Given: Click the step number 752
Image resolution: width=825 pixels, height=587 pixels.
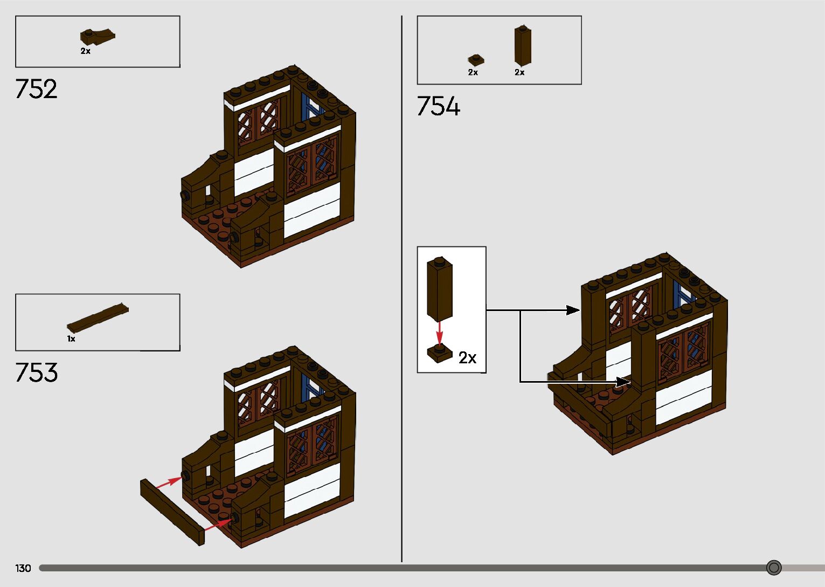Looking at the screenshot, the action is (x=36, y=89).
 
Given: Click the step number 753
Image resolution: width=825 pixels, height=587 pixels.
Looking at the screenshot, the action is (x=36, y=373).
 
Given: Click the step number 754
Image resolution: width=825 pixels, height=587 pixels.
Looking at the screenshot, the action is (x=438, y=106).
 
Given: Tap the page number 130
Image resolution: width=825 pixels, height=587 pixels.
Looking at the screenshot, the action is (x=23, y=568).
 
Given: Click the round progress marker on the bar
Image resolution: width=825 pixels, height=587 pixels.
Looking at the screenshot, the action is (x=774, y=568).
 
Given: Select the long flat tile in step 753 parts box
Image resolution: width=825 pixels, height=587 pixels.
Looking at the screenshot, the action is (x=98, y=318).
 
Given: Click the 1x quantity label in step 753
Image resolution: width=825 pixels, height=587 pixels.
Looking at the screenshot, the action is (x=71, y=339).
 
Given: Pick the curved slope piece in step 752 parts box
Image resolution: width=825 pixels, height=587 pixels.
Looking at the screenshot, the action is (x=97, y=37).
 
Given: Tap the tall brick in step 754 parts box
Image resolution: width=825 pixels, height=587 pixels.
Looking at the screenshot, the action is (x=522, y=45).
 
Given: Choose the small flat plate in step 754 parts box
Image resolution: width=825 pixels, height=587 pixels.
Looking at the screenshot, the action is (x=476, y=60).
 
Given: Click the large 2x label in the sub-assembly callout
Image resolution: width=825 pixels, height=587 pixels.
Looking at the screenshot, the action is (x=467, y=358).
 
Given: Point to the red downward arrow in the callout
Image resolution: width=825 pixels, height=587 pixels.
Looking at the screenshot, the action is (x=440, y=333).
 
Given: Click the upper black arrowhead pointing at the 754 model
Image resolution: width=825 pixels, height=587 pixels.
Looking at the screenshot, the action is (x=572, y=310).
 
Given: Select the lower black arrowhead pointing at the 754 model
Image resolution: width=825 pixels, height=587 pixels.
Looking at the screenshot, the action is (x=623, y=382).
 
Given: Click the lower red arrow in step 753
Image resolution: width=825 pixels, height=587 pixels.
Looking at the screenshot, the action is (x=218, y=523).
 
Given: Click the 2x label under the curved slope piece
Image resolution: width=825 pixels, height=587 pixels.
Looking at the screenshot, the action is (x=85, y=51).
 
